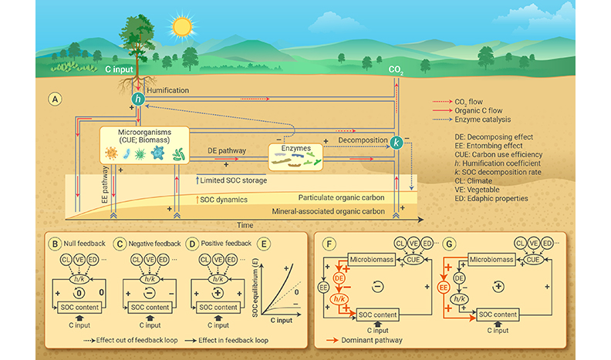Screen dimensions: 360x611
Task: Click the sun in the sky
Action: click(x=182, y=25)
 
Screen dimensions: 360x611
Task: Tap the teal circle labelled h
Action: click(x=139, y=99)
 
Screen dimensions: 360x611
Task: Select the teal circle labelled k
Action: click(x=396, y=143)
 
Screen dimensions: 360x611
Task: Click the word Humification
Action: click(x=168, y=90)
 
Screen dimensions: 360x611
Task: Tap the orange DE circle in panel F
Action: click(x=338, y=277)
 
